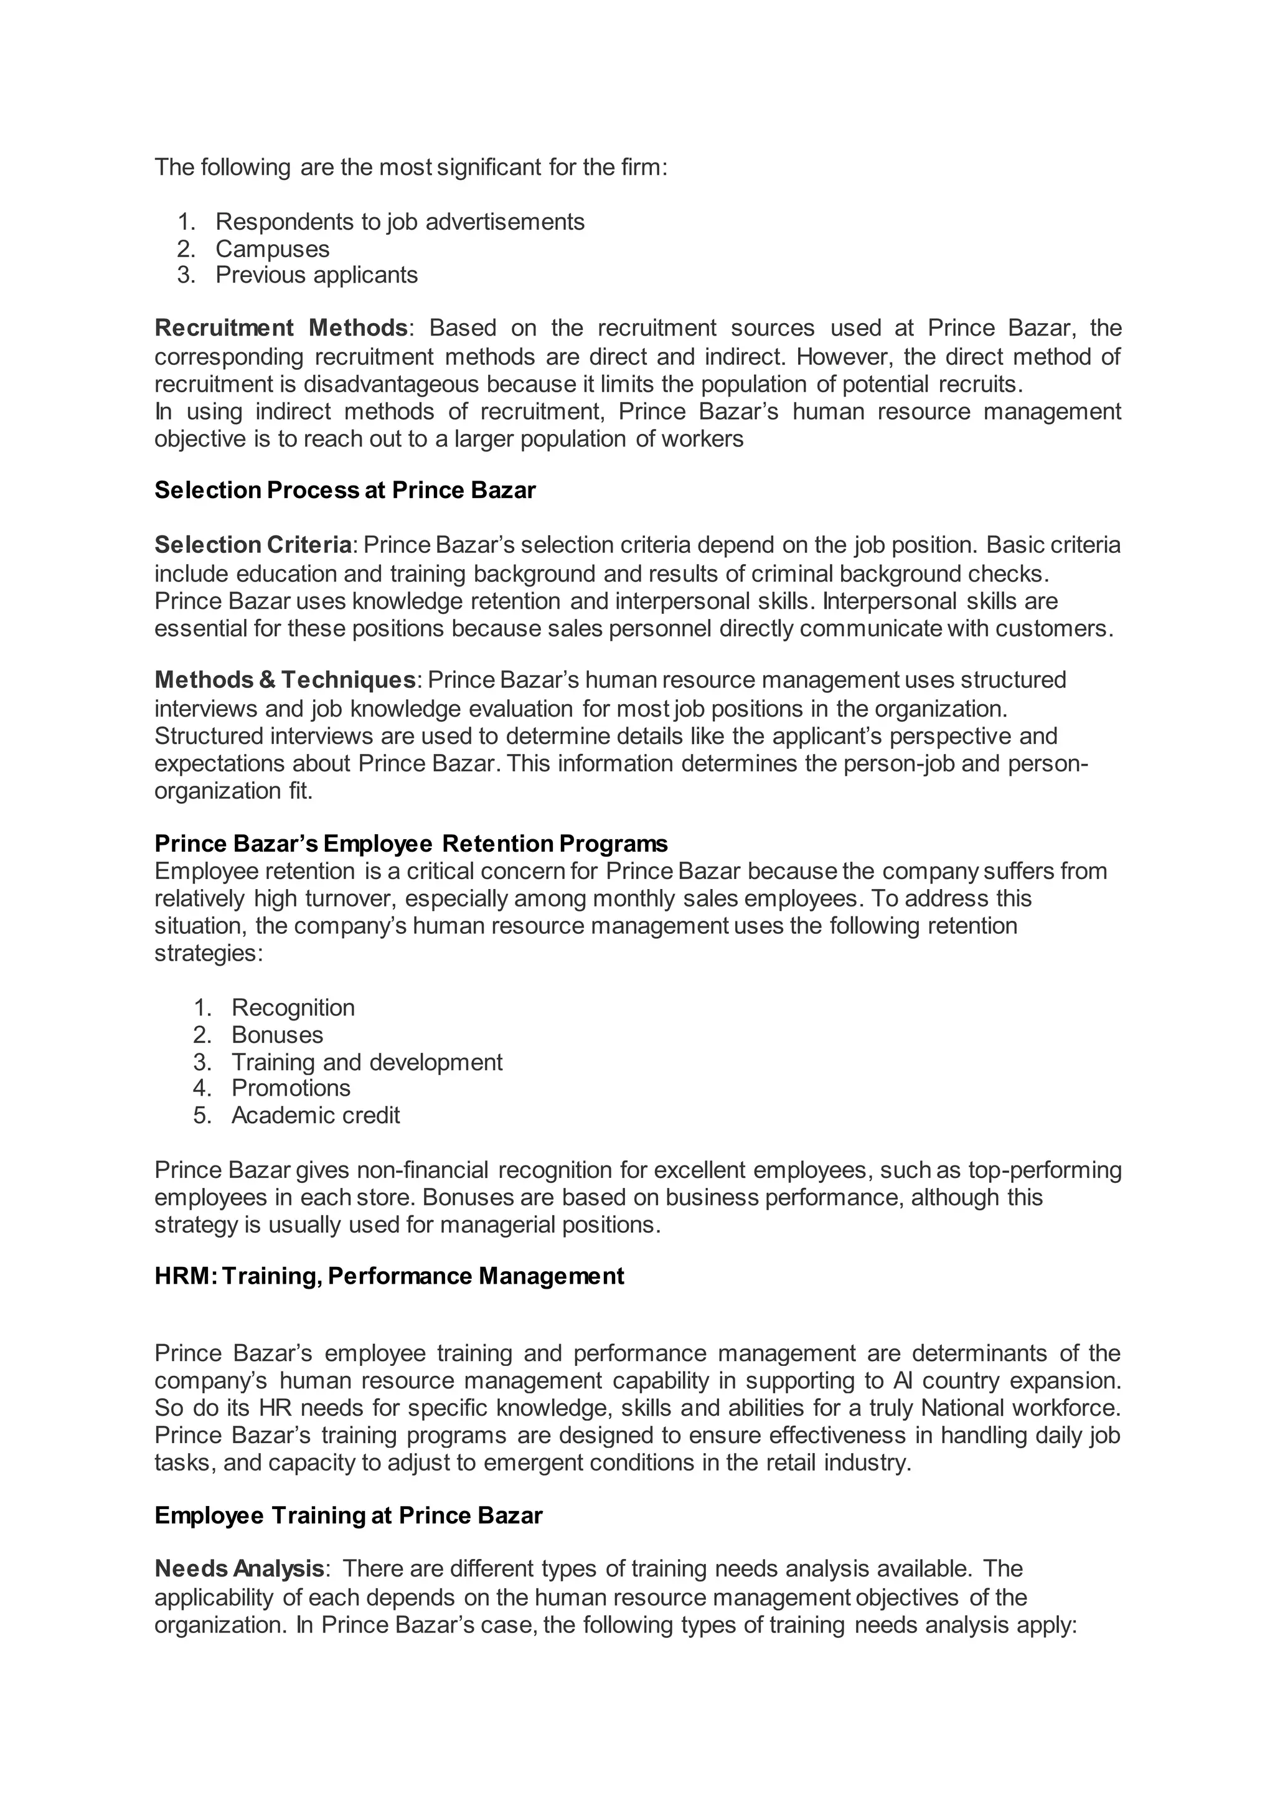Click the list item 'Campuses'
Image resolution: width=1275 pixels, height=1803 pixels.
coord(273,249)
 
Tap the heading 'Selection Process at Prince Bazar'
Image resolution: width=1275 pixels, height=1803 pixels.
coord(345,490)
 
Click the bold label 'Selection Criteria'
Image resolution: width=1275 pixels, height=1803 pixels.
coord(253,544)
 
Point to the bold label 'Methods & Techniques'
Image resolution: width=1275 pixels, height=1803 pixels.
coord(285,679)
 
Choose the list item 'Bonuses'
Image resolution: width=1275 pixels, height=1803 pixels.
coord(277,1035)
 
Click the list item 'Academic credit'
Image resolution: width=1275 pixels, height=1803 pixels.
coord(316,1115)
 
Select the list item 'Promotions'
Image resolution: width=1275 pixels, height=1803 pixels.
coord(291,1088)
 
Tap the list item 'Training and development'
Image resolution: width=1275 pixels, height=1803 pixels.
coord(367,1062)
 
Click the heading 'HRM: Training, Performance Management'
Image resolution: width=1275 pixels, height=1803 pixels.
coord(389,1276)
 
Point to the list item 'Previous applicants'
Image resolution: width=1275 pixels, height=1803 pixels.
coord(316,275)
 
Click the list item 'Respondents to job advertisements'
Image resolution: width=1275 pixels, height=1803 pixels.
coord(400,222)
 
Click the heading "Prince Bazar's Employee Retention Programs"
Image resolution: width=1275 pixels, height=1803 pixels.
coord(411,844)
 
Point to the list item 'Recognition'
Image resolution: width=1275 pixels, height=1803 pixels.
coord(293,1007)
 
